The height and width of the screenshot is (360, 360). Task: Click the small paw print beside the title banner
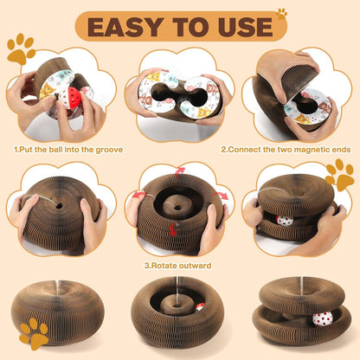[x=281, y=14]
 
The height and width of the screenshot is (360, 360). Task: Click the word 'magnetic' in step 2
[x=296, y=149]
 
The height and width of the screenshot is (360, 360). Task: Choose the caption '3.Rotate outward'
[x=179, y=265]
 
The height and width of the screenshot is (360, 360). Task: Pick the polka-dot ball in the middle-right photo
[x=285, y=220]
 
